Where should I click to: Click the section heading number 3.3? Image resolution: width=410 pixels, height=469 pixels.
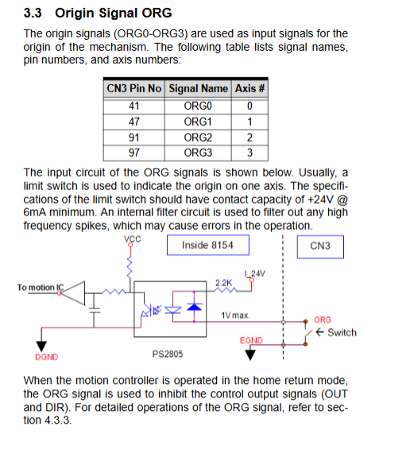[x=33, y=14]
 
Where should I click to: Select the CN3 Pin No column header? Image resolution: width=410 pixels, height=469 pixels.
[x=134, y=88]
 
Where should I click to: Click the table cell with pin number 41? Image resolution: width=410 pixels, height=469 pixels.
[x=134, y=106]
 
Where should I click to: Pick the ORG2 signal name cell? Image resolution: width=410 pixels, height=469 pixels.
[x=198, y=138]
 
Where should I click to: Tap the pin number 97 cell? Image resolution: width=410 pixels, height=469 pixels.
[x=134, y=153]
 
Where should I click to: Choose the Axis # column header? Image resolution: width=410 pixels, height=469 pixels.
[x=249, y=88]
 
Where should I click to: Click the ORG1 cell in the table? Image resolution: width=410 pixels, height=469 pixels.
[x=198, y=122]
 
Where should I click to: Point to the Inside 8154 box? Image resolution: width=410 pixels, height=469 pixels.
[x=208, y=246]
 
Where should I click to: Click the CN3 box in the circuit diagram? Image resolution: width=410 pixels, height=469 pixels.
[x=320, y=246]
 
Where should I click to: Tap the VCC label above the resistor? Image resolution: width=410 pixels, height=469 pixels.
[x=133, y=239]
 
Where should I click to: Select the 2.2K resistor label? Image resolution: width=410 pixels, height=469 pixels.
[x=224, y=283]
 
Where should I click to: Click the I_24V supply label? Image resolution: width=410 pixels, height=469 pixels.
[x=254, y=273]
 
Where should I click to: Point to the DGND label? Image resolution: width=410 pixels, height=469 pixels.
[x=46, y=357]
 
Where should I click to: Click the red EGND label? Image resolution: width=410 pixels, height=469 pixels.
[x=251, y=340]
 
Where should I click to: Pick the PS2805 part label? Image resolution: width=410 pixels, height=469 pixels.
[x=168, y=355]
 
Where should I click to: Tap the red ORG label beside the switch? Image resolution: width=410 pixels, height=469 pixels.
[x=323, y=320]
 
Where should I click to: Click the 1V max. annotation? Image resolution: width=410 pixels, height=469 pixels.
[x=235, y=316]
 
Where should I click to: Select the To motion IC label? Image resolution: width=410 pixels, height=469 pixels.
[x=41, y=288]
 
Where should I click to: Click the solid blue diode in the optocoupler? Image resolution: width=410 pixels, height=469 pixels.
[x=195, y=307]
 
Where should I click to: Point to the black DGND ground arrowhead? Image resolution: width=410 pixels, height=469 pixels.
[x=41, y=347]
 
